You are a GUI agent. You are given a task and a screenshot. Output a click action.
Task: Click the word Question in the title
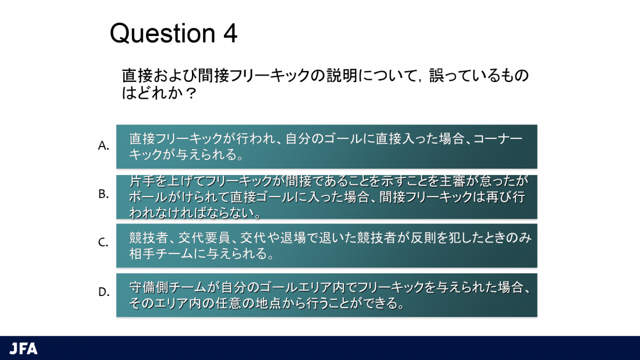[162, 34]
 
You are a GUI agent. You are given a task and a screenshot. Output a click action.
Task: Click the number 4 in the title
[230, 34]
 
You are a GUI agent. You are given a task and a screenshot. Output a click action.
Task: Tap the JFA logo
[24, 348]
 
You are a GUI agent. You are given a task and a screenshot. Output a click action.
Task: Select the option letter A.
[103, 145]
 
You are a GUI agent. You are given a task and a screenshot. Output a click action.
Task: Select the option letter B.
[103, 194]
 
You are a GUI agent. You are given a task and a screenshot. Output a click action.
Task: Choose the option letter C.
[103, 243]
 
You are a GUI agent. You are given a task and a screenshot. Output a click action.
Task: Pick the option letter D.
[104, 292]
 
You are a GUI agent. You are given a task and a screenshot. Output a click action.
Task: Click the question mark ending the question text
[191, 93]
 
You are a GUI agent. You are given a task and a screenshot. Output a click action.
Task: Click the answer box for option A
[326, 147]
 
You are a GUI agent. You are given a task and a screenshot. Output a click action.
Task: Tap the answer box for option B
[326, 197]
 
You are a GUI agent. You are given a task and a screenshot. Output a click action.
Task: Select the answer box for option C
[326, 245]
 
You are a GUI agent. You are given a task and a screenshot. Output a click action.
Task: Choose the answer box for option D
[326, 295]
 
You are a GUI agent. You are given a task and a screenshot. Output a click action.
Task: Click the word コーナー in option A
[498, 139]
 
